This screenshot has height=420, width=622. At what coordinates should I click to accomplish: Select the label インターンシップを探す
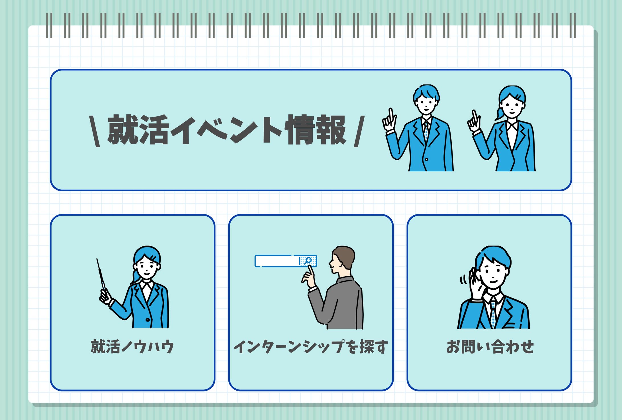click(311, 347)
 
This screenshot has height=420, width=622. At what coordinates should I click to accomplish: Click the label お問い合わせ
click(490, 347)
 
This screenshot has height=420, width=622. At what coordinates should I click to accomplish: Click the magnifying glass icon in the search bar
click(308, 261)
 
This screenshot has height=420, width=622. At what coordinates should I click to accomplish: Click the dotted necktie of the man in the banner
click(426, 131)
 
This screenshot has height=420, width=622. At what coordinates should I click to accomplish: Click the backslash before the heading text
click(95, 131)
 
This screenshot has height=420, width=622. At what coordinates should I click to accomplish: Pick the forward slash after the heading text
click(359, 131)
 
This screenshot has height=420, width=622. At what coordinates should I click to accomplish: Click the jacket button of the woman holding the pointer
click(148, 320)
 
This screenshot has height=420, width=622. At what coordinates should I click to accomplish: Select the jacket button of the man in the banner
click(426, 159)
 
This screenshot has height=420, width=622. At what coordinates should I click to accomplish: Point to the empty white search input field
click(277, 261)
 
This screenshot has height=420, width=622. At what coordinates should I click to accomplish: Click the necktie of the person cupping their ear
click(493, 314)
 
